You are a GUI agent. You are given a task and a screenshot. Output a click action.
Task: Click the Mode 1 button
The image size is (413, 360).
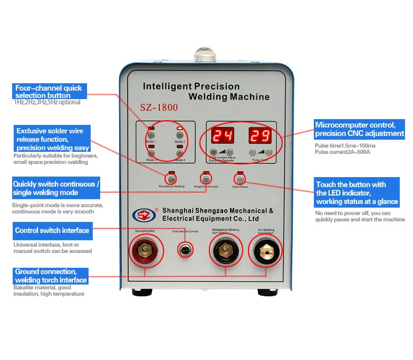(x=151, y=135)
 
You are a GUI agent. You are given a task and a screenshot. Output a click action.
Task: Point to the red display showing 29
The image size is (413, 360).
(x=260, y=136)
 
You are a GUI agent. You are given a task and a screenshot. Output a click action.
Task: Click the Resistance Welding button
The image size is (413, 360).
(x=171, y=179)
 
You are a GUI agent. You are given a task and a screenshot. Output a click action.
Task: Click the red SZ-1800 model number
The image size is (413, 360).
(x=159, y=108)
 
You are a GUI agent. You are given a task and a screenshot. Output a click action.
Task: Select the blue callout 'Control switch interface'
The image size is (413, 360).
(x=52, y=230)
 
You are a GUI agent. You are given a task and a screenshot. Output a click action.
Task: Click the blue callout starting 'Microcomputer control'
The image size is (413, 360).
(x=359, y=129)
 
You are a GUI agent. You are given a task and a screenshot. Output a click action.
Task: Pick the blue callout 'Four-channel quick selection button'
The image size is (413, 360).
(x=49, y=92)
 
